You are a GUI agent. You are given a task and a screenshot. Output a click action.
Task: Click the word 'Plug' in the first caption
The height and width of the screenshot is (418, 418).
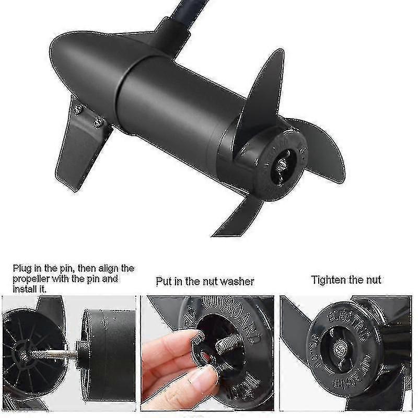coord(23,269)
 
